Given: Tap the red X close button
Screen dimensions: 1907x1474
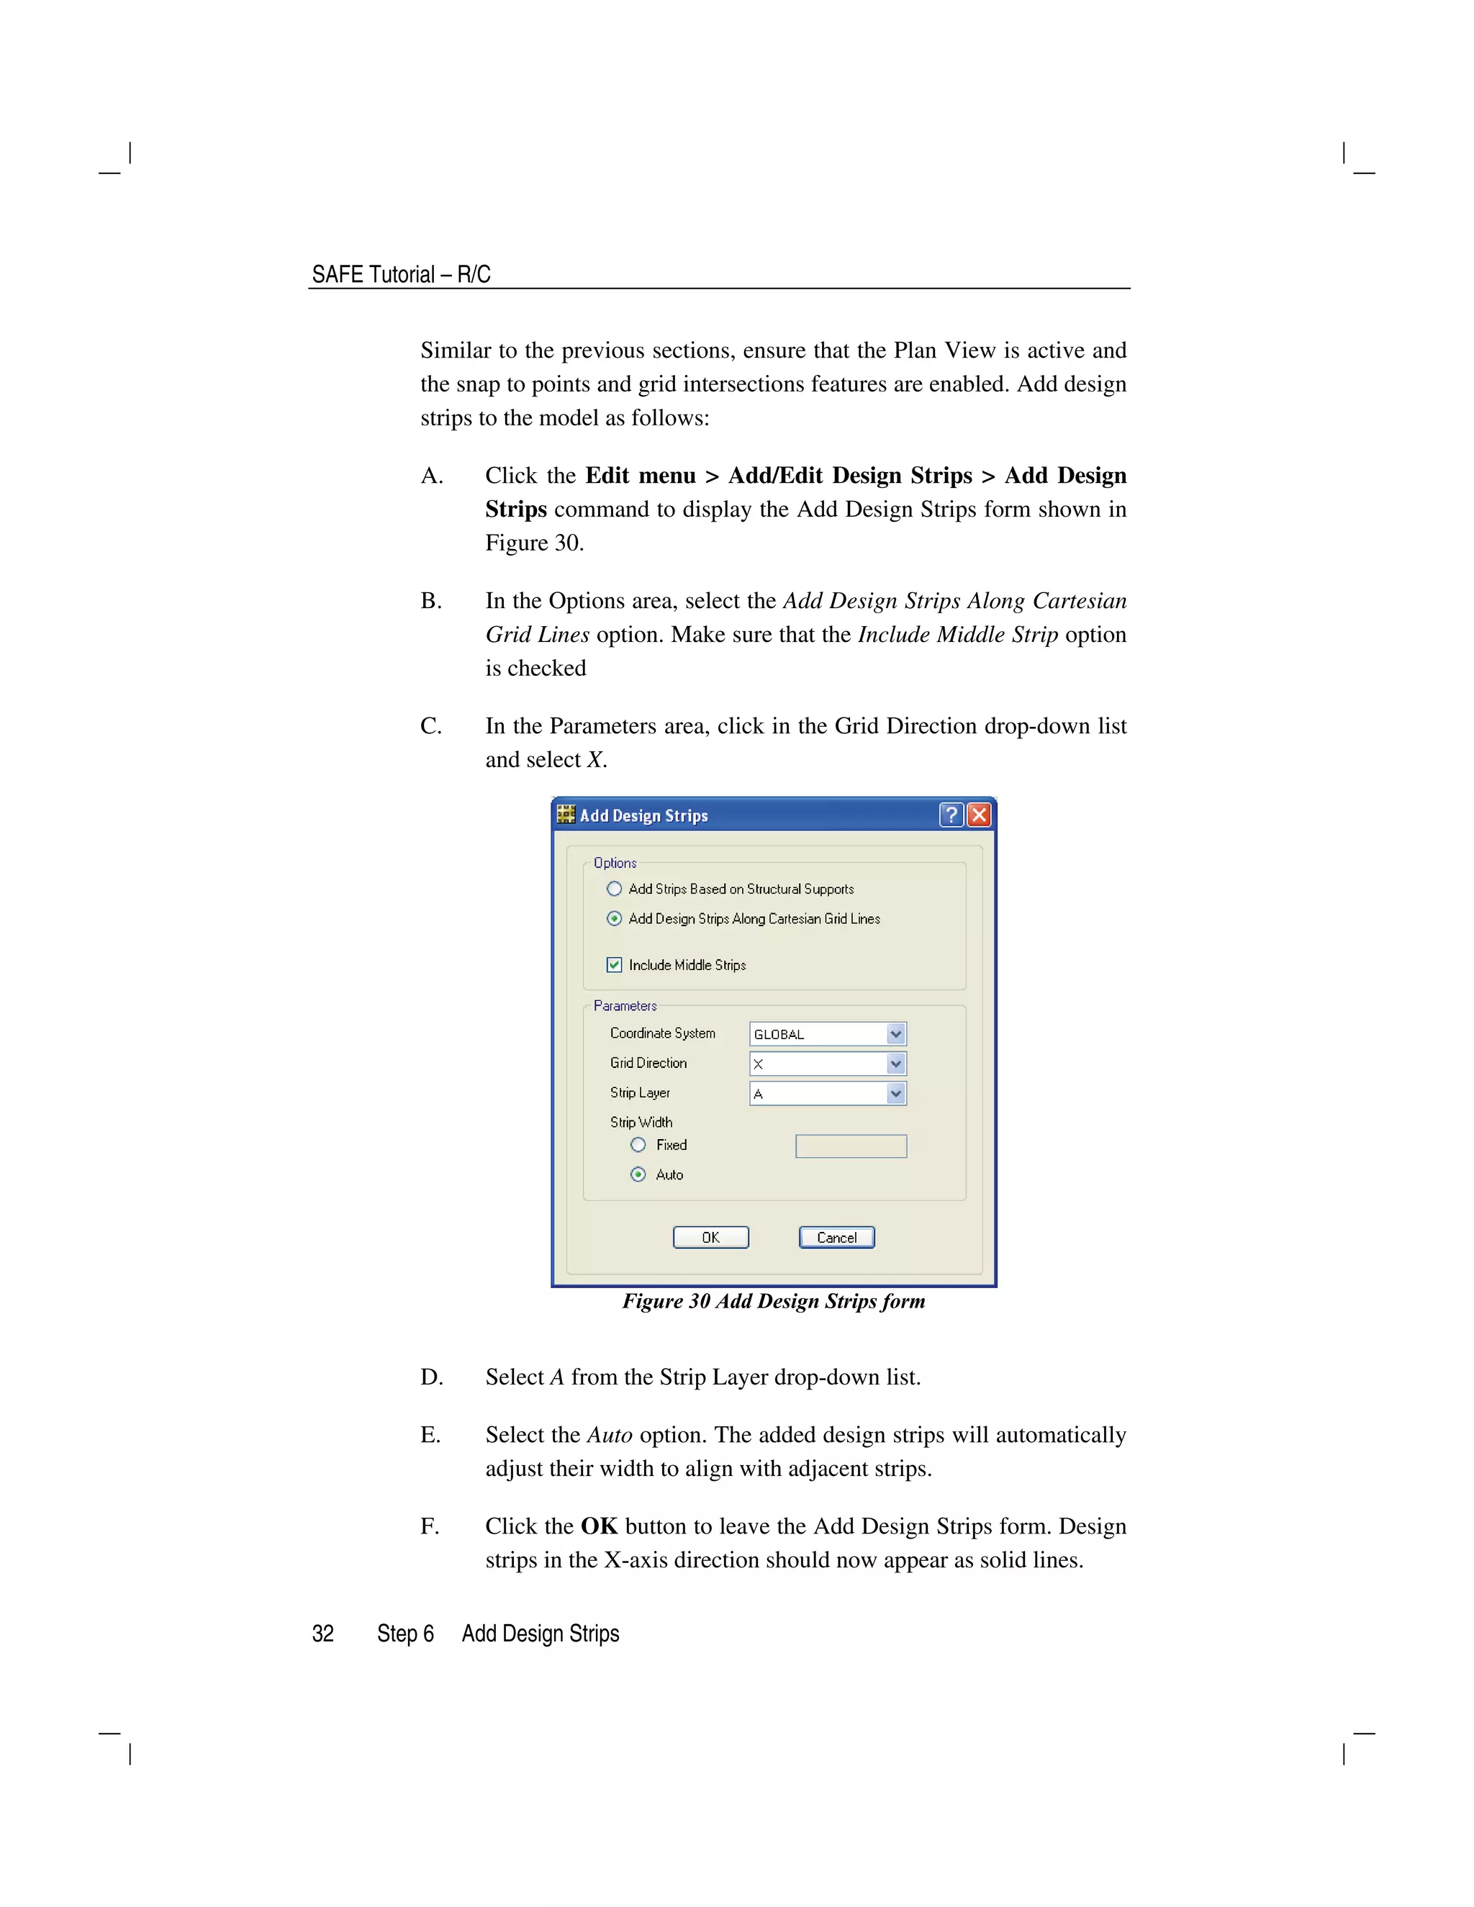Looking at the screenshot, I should (x=979, y=815).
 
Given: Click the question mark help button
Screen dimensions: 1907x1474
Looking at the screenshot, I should (x=951, y=815).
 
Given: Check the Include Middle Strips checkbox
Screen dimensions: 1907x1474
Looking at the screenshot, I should (x=614, y=965).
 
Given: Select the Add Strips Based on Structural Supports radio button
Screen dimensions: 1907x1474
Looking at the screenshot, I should (x=614, y=889).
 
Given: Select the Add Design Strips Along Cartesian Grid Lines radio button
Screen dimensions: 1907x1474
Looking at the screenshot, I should (x=614, y=918).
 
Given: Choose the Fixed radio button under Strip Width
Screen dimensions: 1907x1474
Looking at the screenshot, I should (x=638, y=1145).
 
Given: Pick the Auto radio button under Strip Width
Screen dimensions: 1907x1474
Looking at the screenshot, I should (x=638, y=1174).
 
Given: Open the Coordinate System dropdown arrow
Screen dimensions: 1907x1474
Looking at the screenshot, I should (x=896, y=1034).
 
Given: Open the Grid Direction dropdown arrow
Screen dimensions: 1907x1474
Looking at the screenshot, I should (x=896, y=1064).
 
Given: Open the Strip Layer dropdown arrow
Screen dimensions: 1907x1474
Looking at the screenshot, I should (x=896, y=1093).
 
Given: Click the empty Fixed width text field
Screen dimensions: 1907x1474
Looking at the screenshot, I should (x=851, y=1146).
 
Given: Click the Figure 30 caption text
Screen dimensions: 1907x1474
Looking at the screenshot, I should (x=773, y=1301).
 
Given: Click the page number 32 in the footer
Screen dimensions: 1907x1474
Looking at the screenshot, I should (x=323, y=1634).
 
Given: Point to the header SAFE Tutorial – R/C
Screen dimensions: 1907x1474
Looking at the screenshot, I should (x=401, y=274).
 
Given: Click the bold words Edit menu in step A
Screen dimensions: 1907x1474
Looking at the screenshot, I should (x=640, y=476).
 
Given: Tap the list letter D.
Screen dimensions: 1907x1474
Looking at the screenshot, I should (x=431, y=1377).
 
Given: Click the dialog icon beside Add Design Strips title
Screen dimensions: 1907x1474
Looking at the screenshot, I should (x=566, y=815).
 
